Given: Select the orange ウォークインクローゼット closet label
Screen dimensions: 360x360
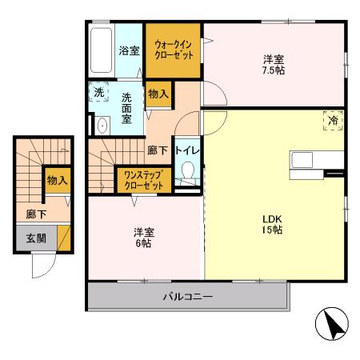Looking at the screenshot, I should point(172,50).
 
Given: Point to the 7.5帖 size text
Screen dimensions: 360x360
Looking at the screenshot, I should point(274,70).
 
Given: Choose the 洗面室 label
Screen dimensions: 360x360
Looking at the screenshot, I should point(128,107).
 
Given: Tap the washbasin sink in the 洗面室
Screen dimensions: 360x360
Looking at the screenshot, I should point(102,126).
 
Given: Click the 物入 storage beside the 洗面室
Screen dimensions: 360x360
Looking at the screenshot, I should point(158,94).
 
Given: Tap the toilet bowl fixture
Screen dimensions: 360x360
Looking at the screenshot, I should point(188,172).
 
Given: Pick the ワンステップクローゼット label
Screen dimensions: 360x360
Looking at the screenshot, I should point(144,179).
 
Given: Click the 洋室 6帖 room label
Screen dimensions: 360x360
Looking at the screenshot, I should point(144,238).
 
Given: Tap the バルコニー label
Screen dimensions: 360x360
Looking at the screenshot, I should point(187,297).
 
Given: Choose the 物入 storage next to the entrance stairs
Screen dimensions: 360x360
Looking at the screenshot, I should point(56,181).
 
